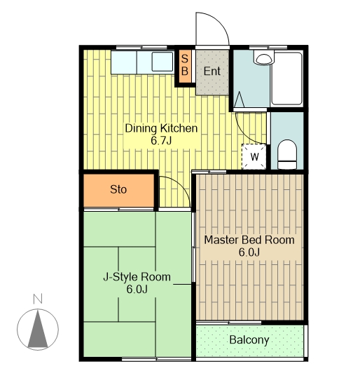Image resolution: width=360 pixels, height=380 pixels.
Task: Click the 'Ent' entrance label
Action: pos(212,72)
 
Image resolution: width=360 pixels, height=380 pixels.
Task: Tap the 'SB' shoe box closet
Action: pos(185,66)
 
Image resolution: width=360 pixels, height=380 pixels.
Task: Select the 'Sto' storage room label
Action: pos(118,189)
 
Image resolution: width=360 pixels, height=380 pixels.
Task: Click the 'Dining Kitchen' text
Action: pos(161,128)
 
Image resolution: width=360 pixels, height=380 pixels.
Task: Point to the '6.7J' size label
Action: pos(161,140)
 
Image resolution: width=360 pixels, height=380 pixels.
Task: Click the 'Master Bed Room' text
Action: pos(249,240)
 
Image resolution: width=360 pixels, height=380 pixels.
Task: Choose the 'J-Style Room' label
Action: pos(137,277)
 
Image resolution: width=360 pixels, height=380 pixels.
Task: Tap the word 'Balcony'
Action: pos(249,340)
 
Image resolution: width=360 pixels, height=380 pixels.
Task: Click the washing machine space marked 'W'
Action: pos(254,156)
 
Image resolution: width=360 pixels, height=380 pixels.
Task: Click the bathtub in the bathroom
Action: pos(286,79)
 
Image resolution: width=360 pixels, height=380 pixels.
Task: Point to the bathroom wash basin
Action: pos(263,59)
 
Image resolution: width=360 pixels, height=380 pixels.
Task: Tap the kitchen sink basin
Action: pos(162,62)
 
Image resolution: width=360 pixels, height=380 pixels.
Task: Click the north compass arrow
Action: pos(38,329)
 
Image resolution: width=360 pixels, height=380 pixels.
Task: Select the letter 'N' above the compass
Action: pos(38,299)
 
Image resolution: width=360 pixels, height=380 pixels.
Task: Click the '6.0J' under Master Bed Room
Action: pos(249,252)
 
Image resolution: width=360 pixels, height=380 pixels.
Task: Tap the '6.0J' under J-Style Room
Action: pos(137,289)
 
